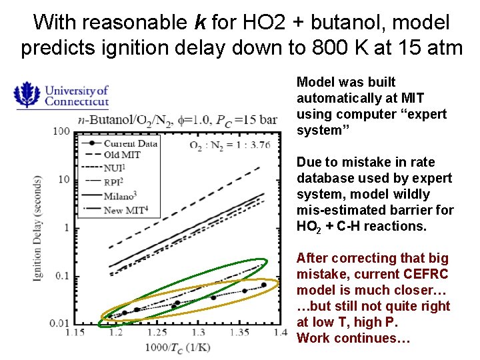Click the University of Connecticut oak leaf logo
(x=27, y=95)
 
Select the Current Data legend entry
(x=129, y=143)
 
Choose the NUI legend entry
(x=114, y=168)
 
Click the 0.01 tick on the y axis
(x=59, y=324)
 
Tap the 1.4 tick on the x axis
(x=271, y=333)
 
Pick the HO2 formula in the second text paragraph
(x=309, y=227)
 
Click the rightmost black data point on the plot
(x=263, y=285)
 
